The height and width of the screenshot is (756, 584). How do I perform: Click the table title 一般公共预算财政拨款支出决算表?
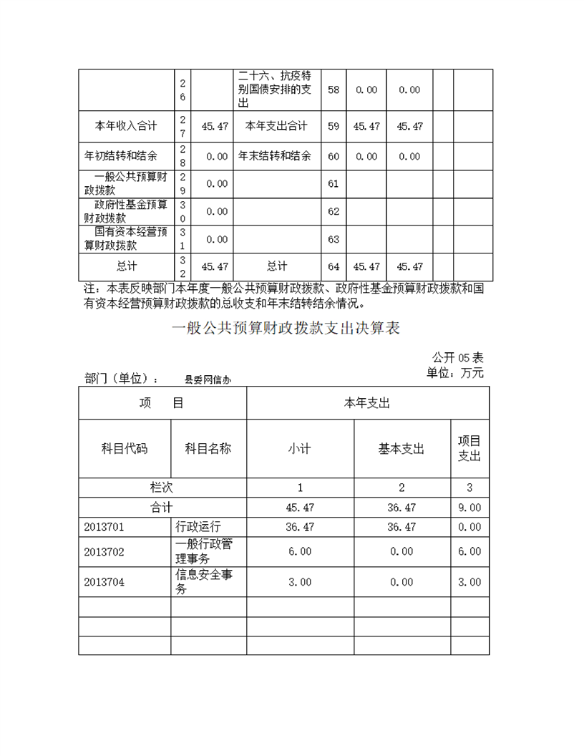pyautogui.click(x=286, y=329)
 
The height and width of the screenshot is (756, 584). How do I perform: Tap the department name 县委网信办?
pyautogui.click(x=208, y=380)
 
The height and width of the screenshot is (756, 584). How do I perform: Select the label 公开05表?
pyautogui.click(x=457, y=358)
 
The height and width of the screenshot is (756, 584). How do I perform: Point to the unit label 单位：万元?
pyautogui.click(x=455, y=372)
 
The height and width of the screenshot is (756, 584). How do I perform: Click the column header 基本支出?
pyautogui.click(x=401, y=449)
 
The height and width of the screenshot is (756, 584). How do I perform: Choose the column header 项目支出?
pyautogui.click(x=469, y=448)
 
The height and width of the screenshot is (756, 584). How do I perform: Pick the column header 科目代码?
pyautogui.click(x=125, y=449)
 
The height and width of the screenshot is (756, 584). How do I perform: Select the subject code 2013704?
pyautogui.click(x=104, y=582)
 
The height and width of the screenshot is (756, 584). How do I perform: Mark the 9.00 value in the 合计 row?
pyautogui.click(x=469, y=508)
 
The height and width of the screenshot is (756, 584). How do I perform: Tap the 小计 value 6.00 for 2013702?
pyautogui.click(x=300, y=551)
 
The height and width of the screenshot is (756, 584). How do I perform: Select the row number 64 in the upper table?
pyautogui.click(x=334, y=266)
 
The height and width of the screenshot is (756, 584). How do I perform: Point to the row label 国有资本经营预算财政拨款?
pyautogui.click(x=126, y=239)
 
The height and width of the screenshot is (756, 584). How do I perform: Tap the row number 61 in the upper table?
pyautogui.click(x=334, y=184)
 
